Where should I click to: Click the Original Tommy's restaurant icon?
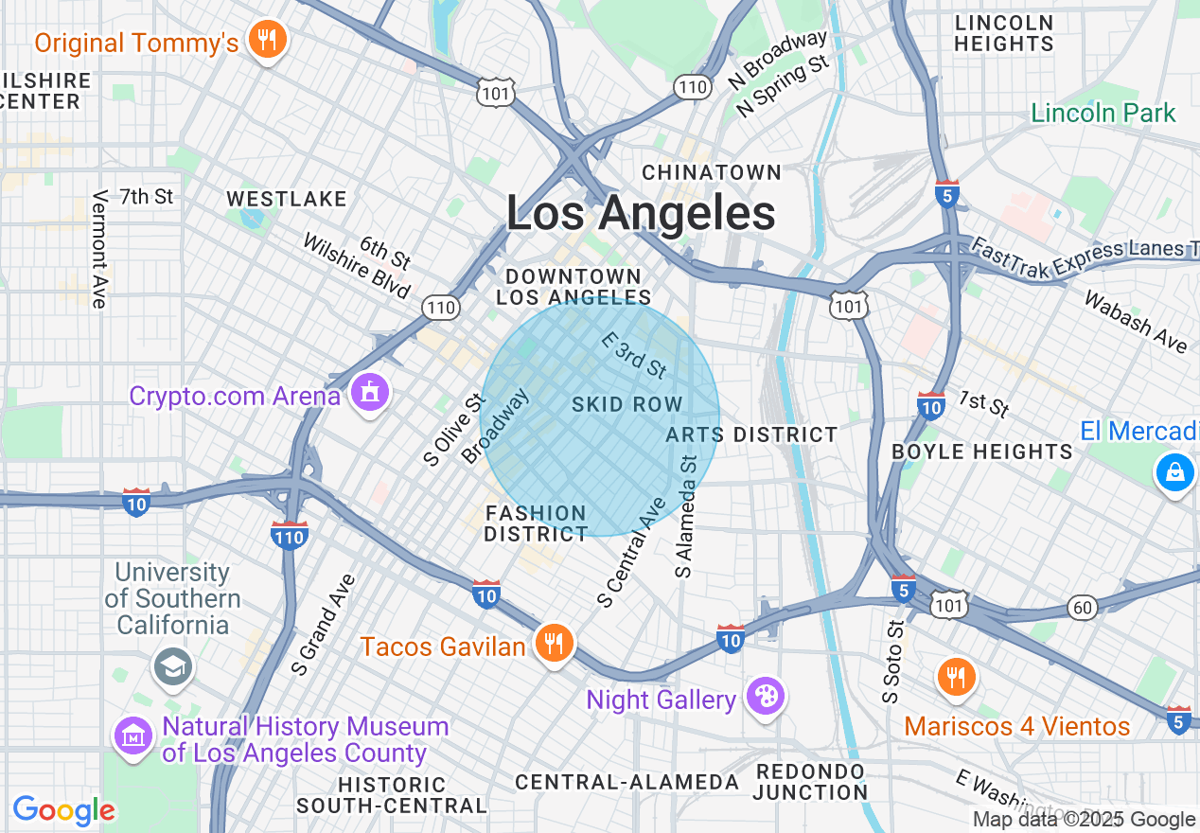[267, 41]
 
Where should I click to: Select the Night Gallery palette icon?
[764, 699]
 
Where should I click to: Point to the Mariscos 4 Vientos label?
[1016, 726]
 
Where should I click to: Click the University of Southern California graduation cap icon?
[173, 667]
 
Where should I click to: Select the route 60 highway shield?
[1082, 607]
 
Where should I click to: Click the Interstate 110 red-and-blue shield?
[289, 536]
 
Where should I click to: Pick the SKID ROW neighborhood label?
[626, 405]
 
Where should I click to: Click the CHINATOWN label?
[712, 172]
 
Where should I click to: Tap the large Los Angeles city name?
[641, 214]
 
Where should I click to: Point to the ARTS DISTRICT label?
[751, 434]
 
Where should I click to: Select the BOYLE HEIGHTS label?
[982, 452]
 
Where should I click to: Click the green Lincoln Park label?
[1103, 114]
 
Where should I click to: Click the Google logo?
[63, 810]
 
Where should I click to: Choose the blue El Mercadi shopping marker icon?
[1174, 471]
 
